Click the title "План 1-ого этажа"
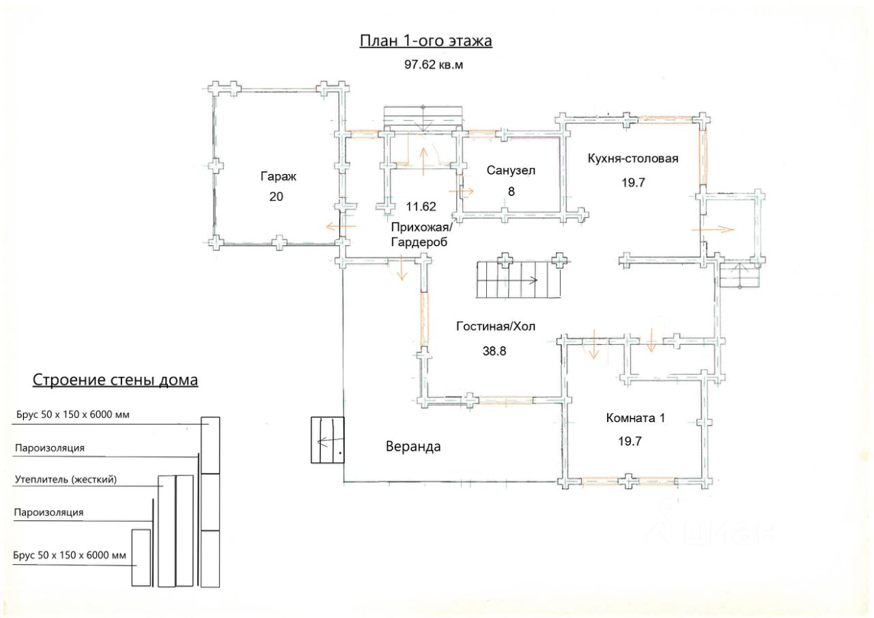425,41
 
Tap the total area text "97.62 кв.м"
434,65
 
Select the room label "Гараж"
278,177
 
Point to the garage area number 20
277,197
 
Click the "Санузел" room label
511,171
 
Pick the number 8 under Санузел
511,192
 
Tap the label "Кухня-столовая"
633,159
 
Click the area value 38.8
494,351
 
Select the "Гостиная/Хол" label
496,326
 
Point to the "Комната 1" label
636,418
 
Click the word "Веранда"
413,447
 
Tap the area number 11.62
421,206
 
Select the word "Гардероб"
419,242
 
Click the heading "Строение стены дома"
115,380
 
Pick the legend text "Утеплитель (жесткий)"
66,479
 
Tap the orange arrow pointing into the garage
341,226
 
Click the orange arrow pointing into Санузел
461,191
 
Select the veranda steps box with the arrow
327,440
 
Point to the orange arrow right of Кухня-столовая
713,229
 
